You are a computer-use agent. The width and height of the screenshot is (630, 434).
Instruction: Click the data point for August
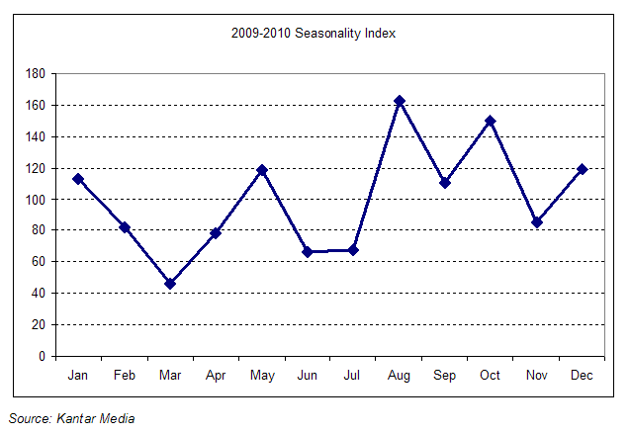tap(399, 101)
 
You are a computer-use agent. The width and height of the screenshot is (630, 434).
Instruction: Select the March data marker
tap(170, 284)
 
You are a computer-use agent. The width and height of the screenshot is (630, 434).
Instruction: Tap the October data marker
tap(490, 122)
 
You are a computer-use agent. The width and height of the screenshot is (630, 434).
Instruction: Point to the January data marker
tap(78, 179)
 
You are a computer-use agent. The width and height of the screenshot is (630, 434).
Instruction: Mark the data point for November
tap(536, 222)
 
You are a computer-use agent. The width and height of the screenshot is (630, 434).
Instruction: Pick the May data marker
tap(261, 170)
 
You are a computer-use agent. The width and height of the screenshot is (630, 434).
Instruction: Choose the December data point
tap(582, 169)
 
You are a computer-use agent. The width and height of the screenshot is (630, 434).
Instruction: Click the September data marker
tap(444, 183)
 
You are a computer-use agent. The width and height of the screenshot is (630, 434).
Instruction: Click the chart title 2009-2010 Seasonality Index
tap(314, 34)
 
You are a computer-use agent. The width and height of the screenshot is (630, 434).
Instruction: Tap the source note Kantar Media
tap(71, 418)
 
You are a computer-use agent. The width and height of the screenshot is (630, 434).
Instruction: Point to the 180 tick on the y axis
tap(36, 74)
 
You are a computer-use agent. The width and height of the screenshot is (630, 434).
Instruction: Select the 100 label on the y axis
tap(36, 200)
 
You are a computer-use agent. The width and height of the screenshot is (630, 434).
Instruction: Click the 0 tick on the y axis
tap(42, 356)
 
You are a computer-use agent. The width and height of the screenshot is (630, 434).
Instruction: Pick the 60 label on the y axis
tap(39, 262)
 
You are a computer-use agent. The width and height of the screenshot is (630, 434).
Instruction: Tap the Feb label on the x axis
tap(124, 377)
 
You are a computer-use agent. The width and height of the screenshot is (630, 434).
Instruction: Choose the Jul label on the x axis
tap(353, 377)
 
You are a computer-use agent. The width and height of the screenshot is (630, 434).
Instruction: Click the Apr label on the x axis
tap(216, 377)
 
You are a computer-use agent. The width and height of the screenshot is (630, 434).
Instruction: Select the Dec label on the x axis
tap(582, 377)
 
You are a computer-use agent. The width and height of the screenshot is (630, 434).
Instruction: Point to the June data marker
tap(308, 252)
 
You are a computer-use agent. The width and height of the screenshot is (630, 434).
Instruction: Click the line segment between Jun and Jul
tap(330, 251)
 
